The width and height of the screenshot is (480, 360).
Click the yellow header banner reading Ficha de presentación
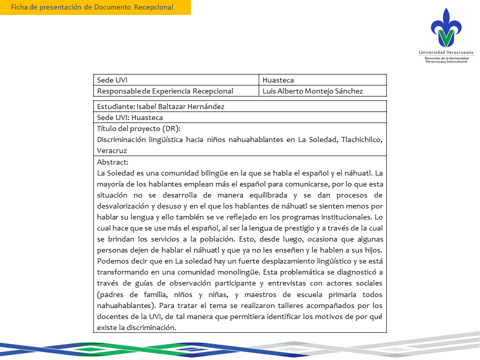(95, 7)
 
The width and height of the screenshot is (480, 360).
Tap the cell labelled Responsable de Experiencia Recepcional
(165, 91)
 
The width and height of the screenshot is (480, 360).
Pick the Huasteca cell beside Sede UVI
(278, 80)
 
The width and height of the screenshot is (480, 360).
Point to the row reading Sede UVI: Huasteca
(130, 117)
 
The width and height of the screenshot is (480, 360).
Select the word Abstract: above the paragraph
(112, 162)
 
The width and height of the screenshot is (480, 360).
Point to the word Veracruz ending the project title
(112, 150)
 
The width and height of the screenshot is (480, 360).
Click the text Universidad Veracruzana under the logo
(446, 52)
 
